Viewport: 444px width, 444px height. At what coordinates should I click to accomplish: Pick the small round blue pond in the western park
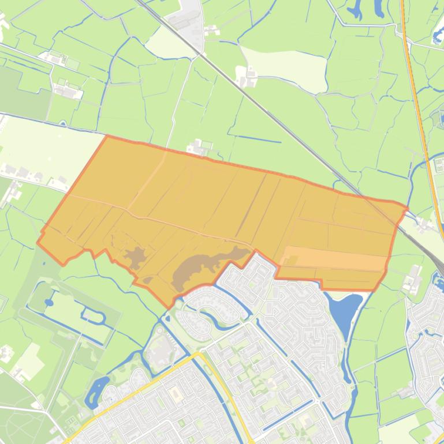point(48,302)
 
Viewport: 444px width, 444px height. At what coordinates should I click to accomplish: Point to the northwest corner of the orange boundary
point(107,136)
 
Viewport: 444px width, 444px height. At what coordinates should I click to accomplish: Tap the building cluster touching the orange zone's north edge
point(200,149)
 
